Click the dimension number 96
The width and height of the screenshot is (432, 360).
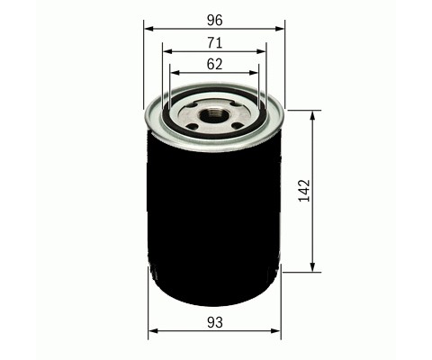215,21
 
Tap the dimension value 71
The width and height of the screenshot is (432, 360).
215,43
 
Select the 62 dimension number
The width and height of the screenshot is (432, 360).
215,64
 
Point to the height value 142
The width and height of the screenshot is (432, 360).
304,191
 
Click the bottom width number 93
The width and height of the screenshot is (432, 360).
215,322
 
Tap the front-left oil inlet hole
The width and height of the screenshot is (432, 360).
192,126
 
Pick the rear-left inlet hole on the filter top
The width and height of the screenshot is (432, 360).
193,105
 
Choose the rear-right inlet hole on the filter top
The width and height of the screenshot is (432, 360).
238,104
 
